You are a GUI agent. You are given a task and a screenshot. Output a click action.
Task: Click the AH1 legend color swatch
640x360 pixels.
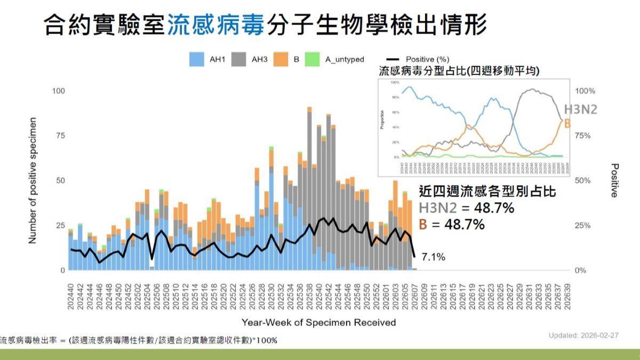pos(197,59)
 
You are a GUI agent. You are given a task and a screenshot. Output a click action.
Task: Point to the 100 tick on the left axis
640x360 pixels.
pos(58,91)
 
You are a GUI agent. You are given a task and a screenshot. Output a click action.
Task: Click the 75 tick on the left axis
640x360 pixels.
pos(60,136)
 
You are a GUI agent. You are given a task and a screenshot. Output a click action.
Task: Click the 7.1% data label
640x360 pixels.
pos(433,258)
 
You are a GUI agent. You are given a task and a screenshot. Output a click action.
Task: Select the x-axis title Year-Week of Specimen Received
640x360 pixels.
pos(318,323)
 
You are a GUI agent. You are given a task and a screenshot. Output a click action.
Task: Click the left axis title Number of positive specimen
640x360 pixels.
pos(33,180)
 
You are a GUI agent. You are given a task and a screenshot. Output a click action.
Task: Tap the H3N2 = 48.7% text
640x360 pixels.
pos(467,208)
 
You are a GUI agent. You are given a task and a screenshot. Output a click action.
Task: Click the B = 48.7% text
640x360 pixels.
pos(452,225)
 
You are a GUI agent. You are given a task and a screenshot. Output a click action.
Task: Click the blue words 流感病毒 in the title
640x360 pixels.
pos(216,25)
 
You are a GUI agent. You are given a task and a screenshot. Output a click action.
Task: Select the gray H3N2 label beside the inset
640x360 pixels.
pos(580,110)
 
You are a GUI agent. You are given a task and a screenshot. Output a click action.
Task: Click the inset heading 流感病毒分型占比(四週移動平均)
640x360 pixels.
pos(459,70)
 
